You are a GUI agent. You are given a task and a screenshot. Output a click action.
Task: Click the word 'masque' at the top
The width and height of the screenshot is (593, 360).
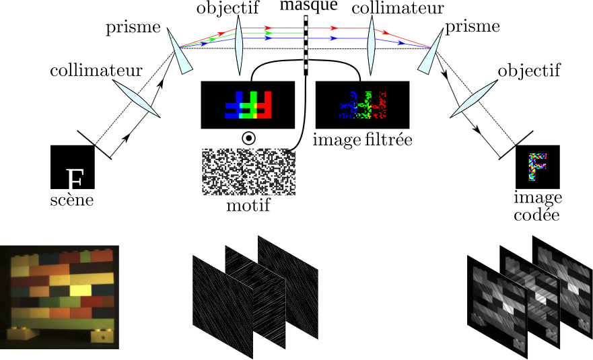pos(309,5)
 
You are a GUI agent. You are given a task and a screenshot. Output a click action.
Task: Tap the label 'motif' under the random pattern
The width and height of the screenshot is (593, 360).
pos(248,205)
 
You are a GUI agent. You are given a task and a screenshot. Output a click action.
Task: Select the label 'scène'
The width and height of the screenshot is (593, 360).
pos(72,200)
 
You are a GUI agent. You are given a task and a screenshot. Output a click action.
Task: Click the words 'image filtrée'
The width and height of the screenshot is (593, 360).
pos(362,140)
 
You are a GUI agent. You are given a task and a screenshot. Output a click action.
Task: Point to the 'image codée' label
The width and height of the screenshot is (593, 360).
pos(537,206)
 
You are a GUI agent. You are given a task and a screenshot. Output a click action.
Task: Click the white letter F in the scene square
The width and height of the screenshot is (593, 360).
pos(75,179)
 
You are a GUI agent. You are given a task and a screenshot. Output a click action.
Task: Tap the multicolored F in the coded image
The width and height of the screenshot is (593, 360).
pos(537,166)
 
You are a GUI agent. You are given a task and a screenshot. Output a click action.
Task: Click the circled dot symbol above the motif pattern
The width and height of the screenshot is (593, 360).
pos(248,139)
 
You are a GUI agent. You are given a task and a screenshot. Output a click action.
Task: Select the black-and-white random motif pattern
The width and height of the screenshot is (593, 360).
pos(248,172)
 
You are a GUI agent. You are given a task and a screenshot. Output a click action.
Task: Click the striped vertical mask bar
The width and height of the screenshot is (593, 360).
pos(306,45)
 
